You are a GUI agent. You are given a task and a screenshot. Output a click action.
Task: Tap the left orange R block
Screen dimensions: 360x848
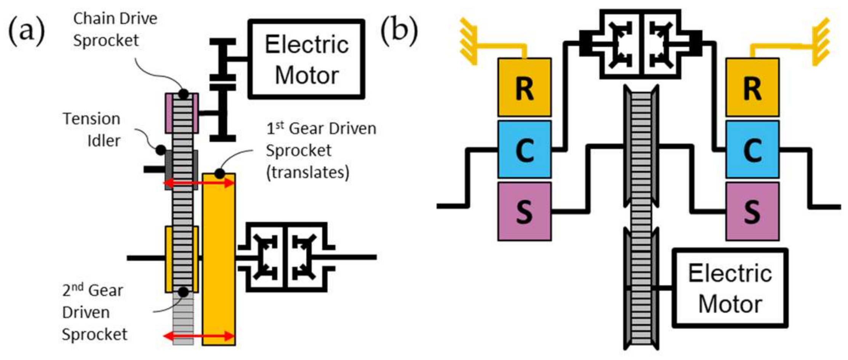coord(524,87)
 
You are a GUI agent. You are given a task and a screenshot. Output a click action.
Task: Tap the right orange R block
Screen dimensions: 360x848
coord(752,87)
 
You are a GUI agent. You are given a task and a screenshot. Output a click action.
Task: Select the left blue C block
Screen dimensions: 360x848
coord(524,149)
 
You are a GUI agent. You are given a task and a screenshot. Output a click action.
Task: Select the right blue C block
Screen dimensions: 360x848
coord(752,149)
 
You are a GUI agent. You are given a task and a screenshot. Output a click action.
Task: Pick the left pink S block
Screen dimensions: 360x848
coord(524,211)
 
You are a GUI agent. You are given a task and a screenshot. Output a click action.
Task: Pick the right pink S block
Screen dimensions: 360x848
coord(752,211)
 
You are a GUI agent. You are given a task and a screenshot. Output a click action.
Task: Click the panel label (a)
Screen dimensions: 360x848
coord(26,30)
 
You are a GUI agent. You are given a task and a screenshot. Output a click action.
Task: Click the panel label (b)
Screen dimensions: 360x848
coord(399,30)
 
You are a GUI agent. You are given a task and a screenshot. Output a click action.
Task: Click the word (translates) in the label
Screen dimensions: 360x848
coord(307,173)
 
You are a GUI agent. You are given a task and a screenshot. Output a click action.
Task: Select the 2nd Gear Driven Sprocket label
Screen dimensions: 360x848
coord(93,312)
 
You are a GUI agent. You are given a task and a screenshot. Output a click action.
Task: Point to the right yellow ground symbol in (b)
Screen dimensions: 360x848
coord(821,42)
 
